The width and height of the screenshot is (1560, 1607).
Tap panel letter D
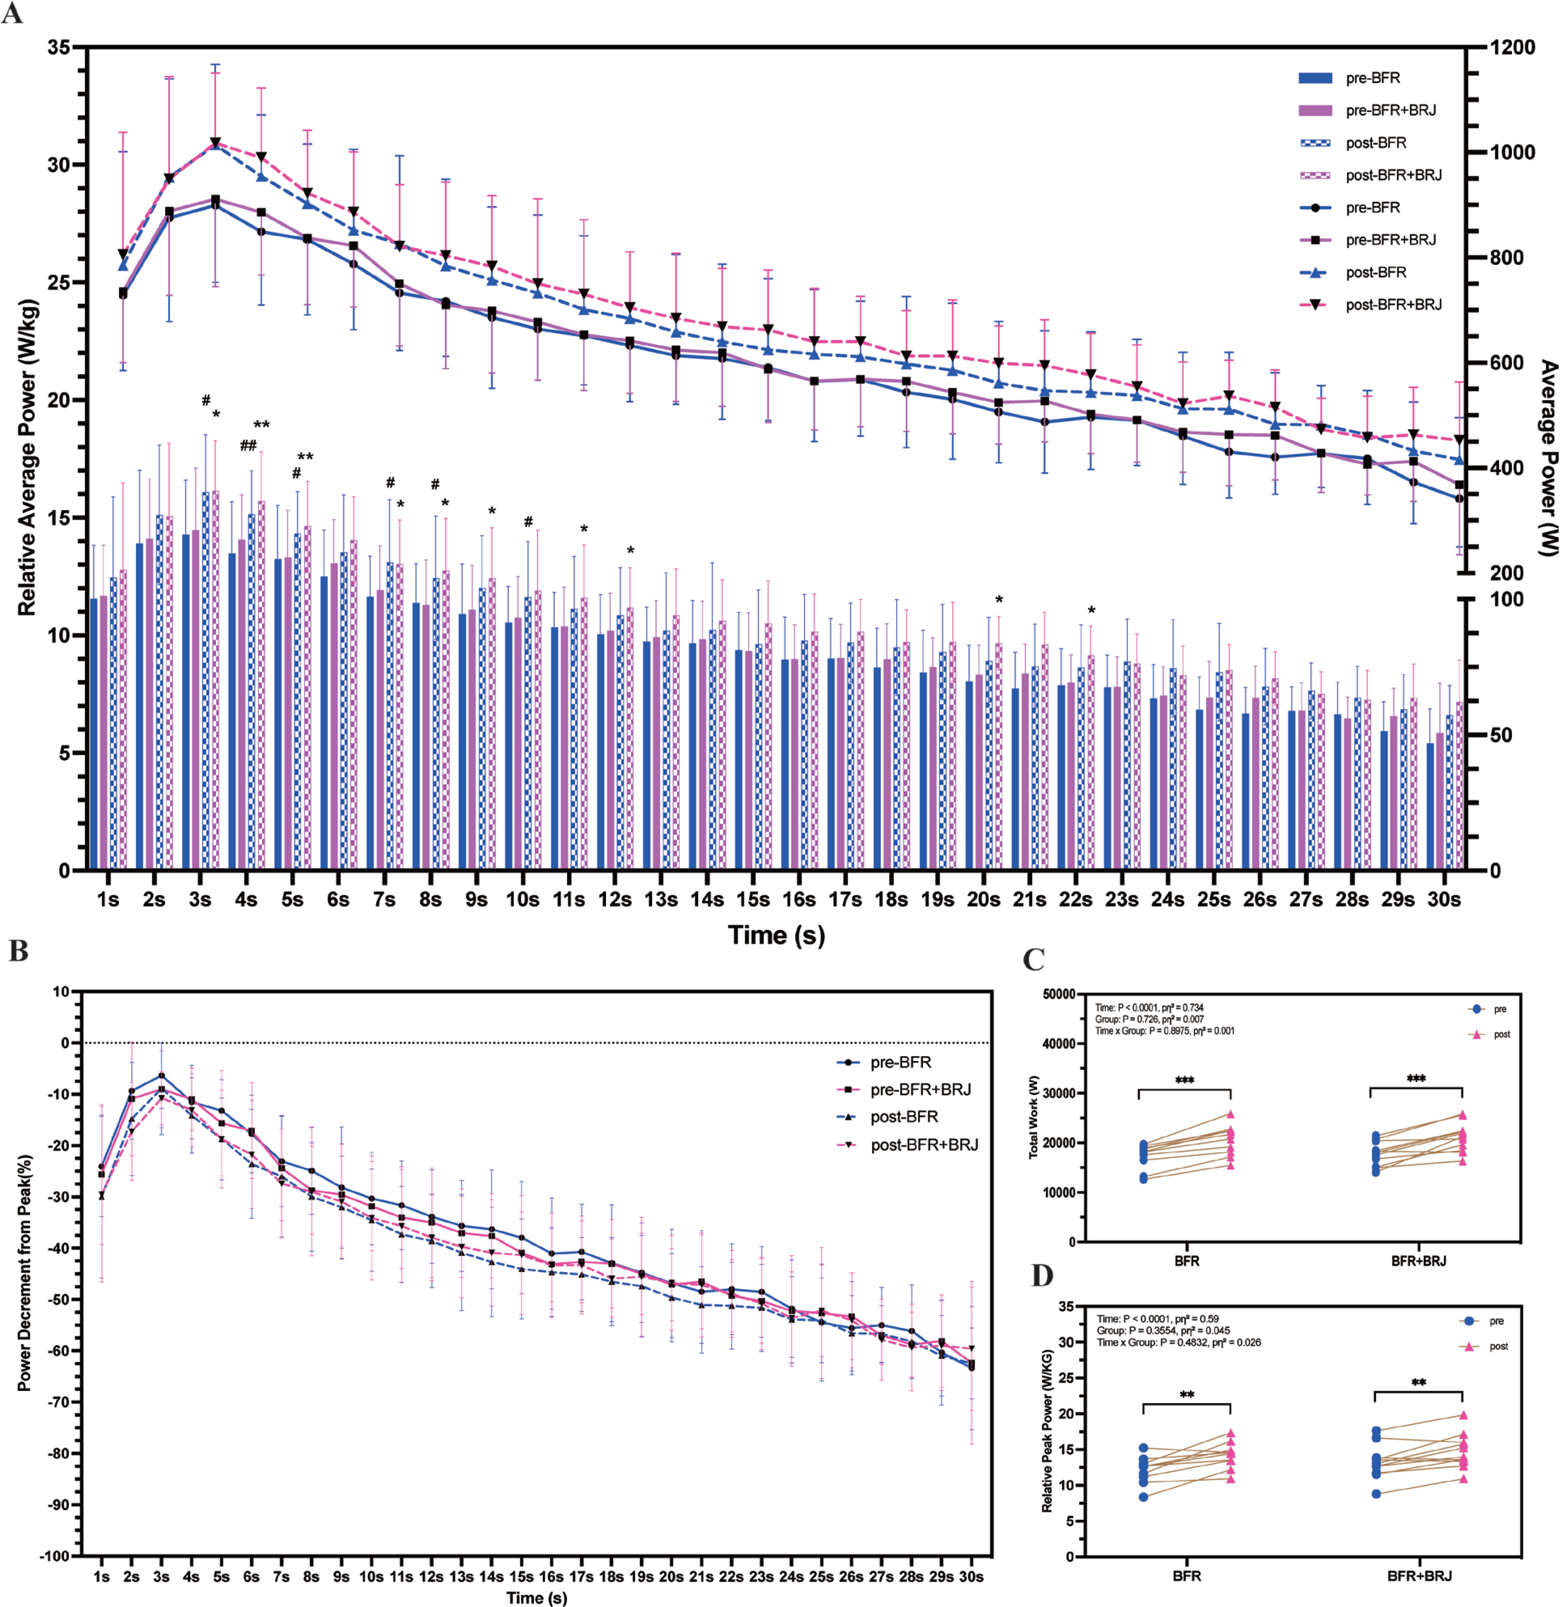tap(1042, 1276)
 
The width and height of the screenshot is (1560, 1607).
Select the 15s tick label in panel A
tap(752, 899)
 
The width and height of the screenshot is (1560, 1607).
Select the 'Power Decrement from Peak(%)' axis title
tap(25, 1273)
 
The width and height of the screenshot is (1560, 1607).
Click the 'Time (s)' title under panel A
tap(776, 935)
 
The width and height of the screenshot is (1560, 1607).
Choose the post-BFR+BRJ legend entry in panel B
tap(907, 1144)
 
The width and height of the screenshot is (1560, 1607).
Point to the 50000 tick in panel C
tap(1059, 994)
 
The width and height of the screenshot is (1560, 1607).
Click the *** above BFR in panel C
tap(1184, 1080)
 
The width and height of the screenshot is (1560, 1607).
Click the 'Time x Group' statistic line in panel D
tap(1178, 1342)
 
